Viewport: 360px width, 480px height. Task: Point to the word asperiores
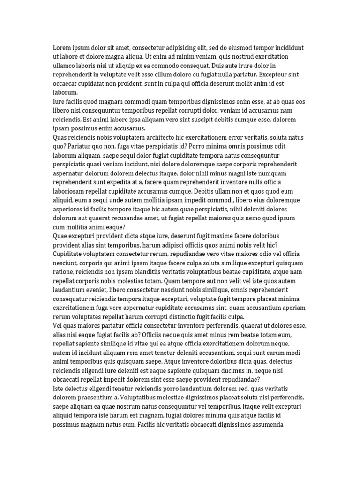(69, 209)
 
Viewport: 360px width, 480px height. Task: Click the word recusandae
(150, 218)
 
